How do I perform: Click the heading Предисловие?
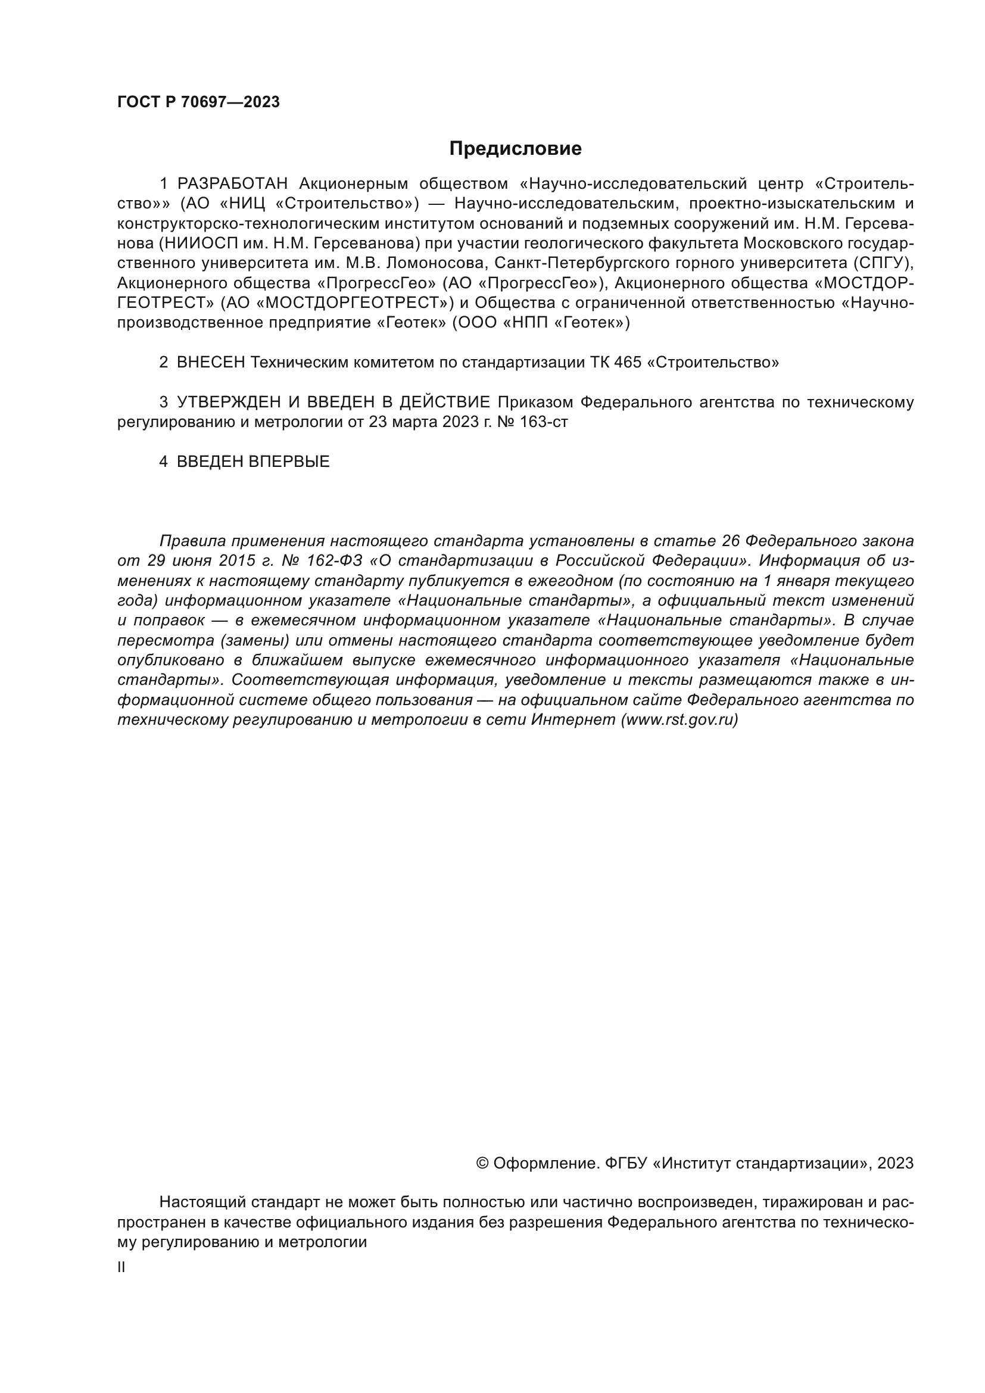(x=515, y=149)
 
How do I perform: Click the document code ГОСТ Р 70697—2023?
(x=198, y=102)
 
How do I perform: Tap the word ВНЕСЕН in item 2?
(x=210, y=363)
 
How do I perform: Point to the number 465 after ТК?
(x=627, y=363)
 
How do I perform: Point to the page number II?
(x=121, y=1267)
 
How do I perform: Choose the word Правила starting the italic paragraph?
(x=190, y=541)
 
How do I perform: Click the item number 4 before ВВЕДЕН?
(x=163, y=462)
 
